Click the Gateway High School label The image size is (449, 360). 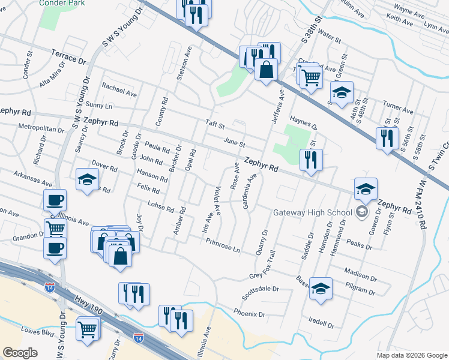tap(312, 212)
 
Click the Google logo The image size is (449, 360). tap(20, 353)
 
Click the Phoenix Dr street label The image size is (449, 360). tap(249, 313)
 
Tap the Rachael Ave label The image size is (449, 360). tap(119, 90)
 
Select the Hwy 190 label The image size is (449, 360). tap(89, 305)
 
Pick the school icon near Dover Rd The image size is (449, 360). tap(87, 179)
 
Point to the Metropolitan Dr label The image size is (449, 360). tap(41, 129)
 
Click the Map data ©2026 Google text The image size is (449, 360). tap(412, 355)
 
